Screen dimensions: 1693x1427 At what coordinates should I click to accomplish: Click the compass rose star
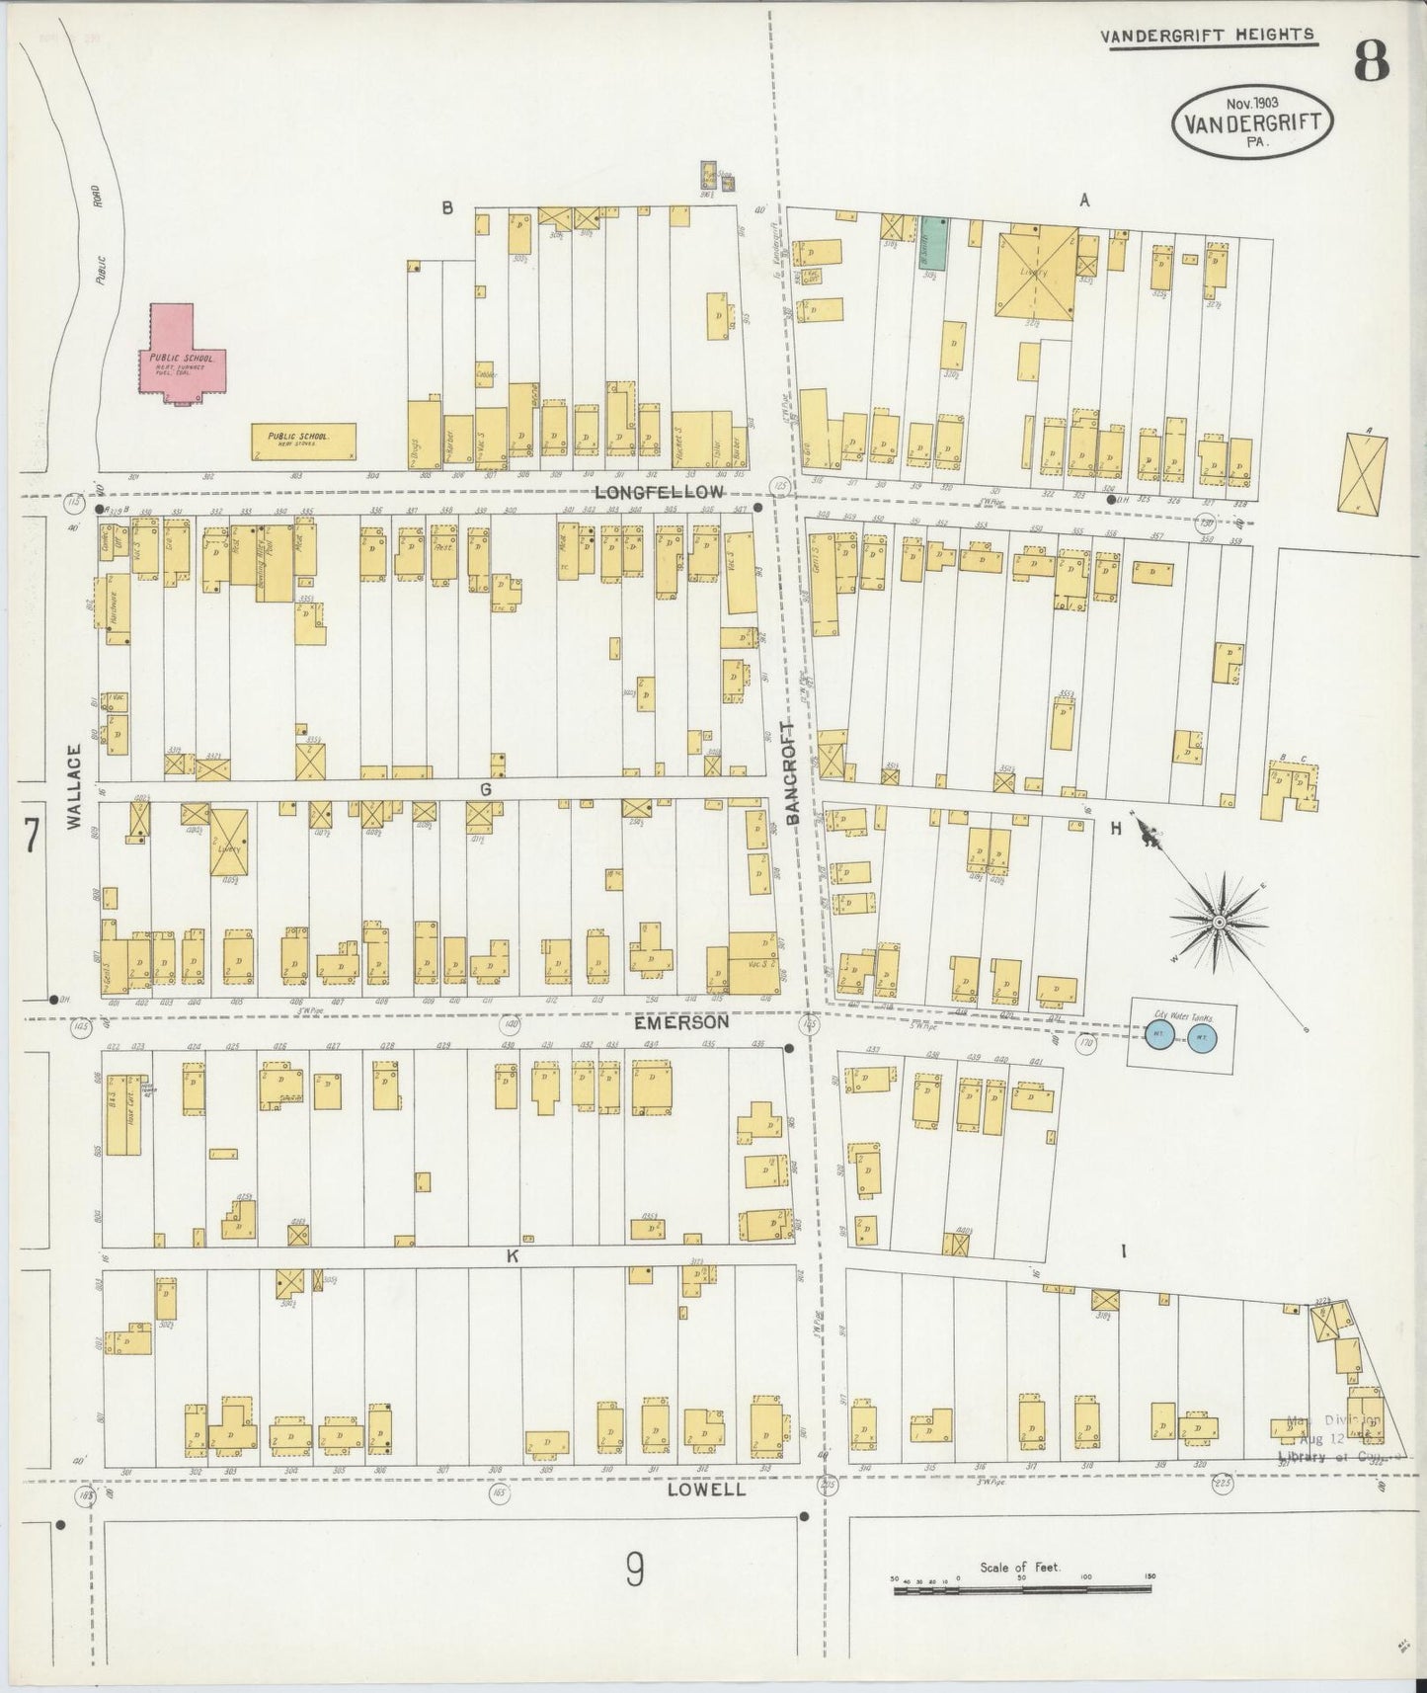pos(1220,922)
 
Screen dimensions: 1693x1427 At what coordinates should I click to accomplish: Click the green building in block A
pos(933,243)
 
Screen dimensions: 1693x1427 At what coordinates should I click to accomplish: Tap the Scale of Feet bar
pos(1022,1589)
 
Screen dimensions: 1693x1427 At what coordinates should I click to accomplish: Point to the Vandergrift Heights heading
pos(1207,35)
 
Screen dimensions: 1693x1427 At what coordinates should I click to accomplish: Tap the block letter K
pos(513,1256)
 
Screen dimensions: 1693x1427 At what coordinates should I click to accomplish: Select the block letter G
pos(485,789)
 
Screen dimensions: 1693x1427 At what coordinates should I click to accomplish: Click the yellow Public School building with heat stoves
pos(302,441)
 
